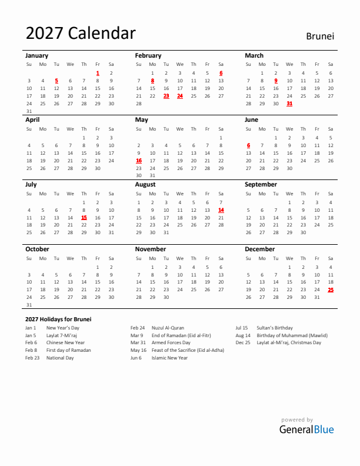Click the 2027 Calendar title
(81, 34)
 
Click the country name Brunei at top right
(320, 36)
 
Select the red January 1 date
(98, 73)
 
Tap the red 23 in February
(166, 96)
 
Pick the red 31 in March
(289, 104)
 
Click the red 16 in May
(139, 161)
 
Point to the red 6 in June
(248, 145)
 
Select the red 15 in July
(84, 218)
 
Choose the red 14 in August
(221, 210)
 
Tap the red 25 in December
(331, 289)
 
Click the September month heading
(261, 184)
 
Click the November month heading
(151, 249)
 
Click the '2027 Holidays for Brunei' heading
(58, 319)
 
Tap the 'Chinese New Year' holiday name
(65, 342)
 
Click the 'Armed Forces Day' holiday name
(171, 342)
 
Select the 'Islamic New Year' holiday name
(170, 358)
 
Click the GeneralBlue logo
(306, 429)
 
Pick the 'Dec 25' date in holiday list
(243, 342)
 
